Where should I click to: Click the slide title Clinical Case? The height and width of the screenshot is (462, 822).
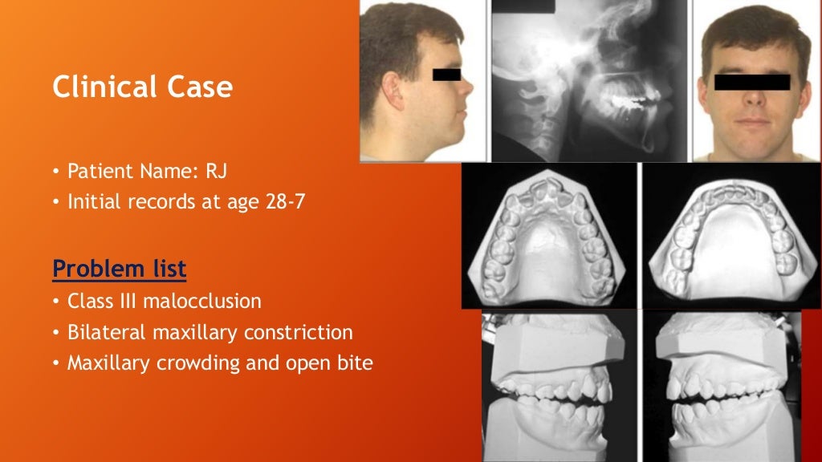click(142, 87)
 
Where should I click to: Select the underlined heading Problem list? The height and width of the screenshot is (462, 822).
click(119, 269)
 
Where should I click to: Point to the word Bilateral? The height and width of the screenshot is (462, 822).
click(106, 332)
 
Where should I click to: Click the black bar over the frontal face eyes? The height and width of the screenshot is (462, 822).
click(751, 81)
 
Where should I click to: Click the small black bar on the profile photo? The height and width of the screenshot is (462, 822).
click(446, 74)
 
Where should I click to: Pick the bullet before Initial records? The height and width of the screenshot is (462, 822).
click(56, 202)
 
